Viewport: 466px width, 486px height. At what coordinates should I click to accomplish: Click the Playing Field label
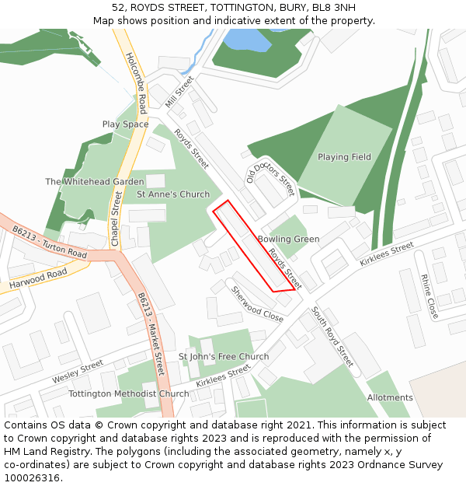pyautogui.click(x=344, y=157)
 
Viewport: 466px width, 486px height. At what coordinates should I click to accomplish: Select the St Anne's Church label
pyautogui.click(x=173, y=194)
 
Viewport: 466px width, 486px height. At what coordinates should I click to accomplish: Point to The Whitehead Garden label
pyautogui.click(x=94, y=182)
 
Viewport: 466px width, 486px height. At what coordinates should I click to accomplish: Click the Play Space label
pyautogui.click(x=125, y=124)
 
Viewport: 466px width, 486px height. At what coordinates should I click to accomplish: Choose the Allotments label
pyautogui.click(x=390, y=397)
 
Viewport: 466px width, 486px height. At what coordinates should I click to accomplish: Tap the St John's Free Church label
pyautogui.click(x=224, y=357)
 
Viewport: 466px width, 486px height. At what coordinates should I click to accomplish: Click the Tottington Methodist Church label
pyautogui.click(x=129, y=393)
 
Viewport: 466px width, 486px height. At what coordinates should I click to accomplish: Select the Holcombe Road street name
pyautogui.click(x=136, y=82)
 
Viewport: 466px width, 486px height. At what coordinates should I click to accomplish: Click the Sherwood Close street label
pyautogui.click(x=256, y=304)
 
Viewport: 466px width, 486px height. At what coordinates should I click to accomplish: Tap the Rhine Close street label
pyautogui.click(x=429, y=296)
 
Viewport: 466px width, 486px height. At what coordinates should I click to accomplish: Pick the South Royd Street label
pyautogui.click(x=332, y=337)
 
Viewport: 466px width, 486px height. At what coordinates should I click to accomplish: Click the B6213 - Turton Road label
pyautogui.click(x=50, y=242)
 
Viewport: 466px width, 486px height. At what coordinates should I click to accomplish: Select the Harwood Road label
pyautogui.click(x=39, y=280)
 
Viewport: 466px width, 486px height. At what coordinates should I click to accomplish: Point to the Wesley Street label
pyautogui.click(x=78, y=371)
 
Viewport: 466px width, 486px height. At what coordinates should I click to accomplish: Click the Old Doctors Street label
pyautogui.click(x=271, y=177)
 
